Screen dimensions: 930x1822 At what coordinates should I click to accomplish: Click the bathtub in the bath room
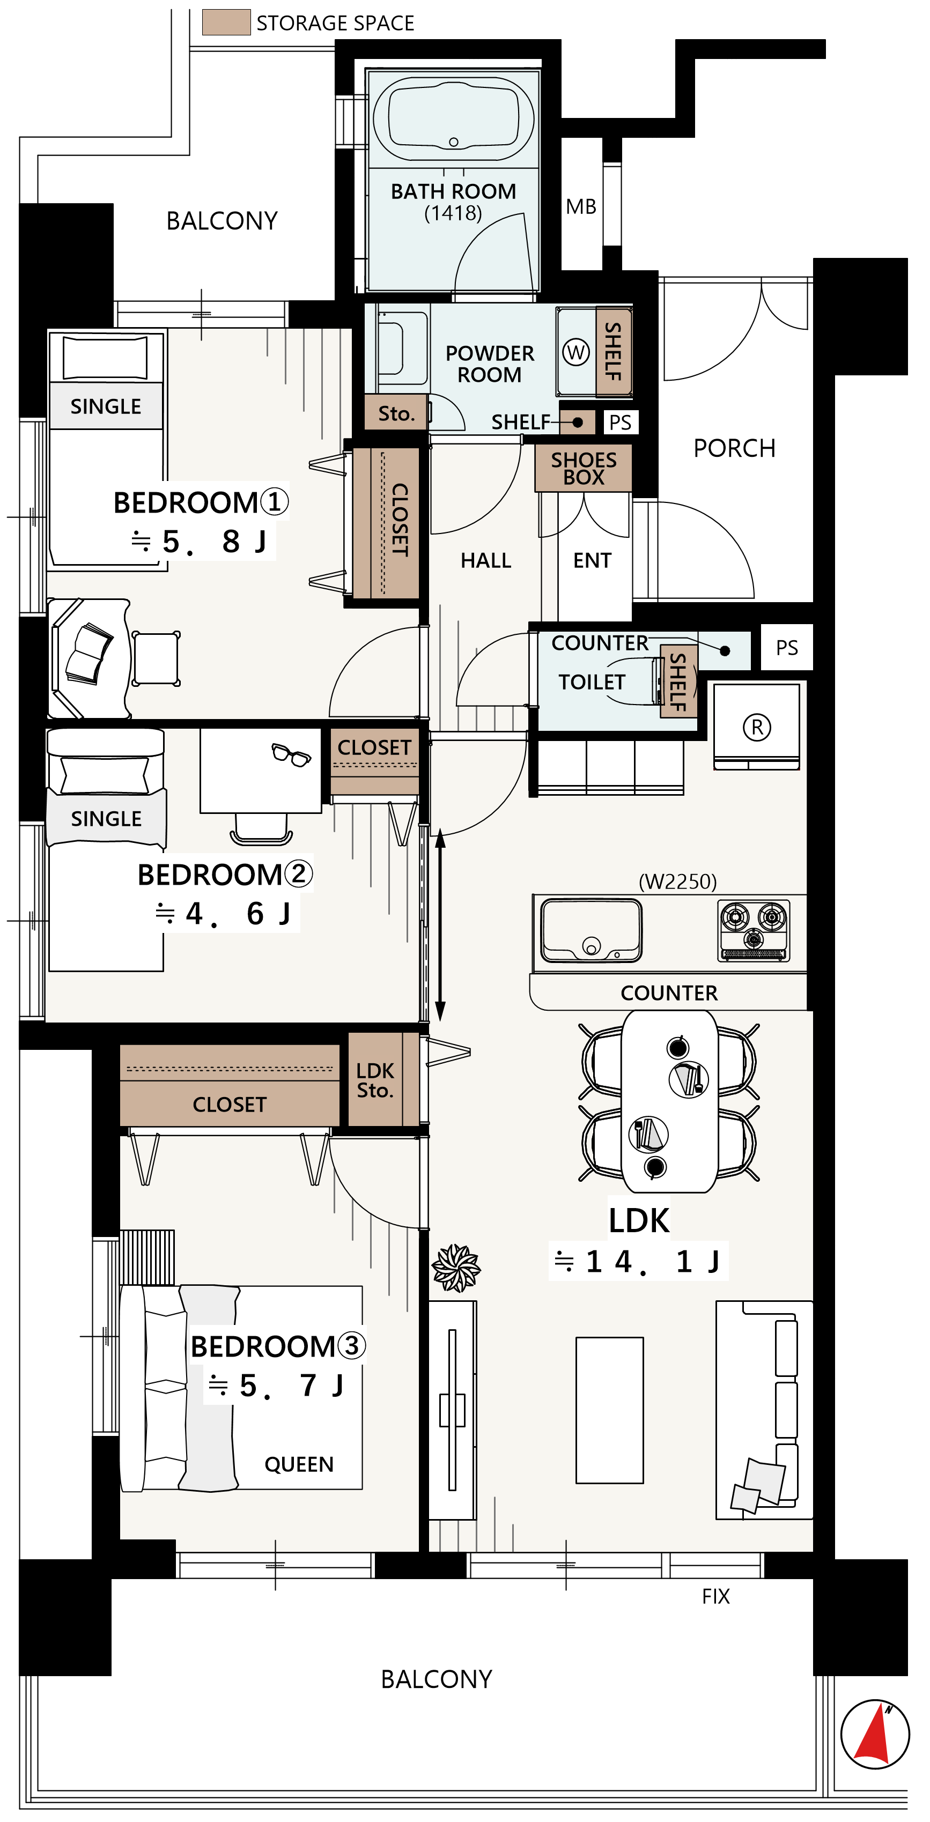[x=453, y=120]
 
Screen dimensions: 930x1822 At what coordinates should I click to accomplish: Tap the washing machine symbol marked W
[x=575, y=352]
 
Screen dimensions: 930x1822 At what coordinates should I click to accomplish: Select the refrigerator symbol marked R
[x=757, y=727]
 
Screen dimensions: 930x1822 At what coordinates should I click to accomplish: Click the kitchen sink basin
[x=591, y=930]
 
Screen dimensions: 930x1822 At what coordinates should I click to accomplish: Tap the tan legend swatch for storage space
[x=226, y=22]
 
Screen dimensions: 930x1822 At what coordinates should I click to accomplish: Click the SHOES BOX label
[x=584, y=468]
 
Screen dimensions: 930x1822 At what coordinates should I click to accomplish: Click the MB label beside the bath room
[x=581, y=206]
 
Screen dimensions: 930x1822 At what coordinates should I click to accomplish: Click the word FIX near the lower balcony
[x=715, y=1596]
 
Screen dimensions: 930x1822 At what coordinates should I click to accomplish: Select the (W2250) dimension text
[x=677, y=882]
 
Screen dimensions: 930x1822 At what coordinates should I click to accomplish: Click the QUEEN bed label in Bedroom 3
[x=299, y=1464]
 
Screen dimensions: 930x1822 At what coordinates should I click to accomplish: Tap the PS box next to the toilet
[x=786, y=647]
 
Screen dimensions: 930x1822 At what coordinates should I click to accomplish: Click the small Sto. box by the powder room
[x=396, y=412]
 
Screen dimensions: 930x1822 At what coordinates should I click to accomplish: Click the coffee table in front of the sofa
[x=610, y=1410]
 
